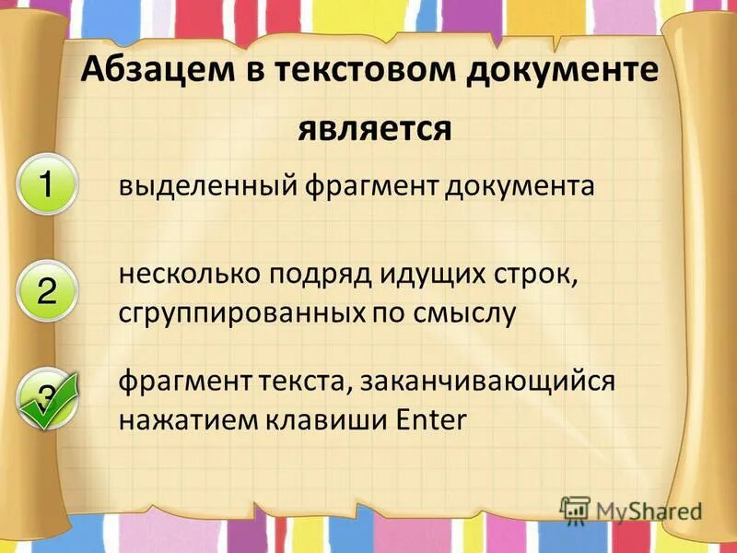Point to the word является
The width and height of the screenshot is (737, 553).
pyautogui.click(x=375, y=129)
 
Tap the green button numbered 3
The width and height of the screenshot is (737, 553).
pyautogui.click(x=44, y=396)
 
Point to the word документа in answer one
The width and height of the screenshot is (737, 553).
pyautogui.click(x=521, y=187)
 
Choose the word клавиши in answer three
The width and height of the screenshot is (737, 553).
pyautogui.click(x=314, y=419)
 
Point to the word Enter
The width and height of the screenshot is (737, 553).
pyautogui.click(x=431, y=419)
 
